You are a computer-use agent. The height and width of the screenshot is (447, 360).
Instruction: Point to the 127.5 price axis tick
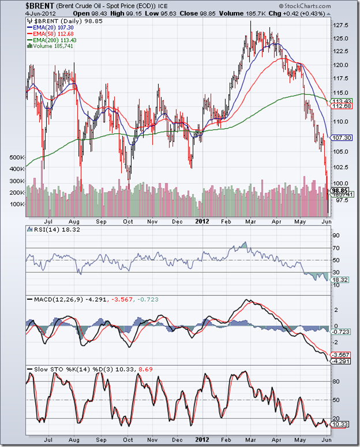tap(341, 25)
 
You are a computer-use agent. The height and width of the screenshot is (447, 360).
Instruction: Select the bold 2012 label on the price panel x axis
tap(201, 221)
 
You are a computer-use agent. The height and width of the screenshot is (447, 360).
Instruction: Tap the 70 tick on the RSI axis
tap(335, 249)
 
